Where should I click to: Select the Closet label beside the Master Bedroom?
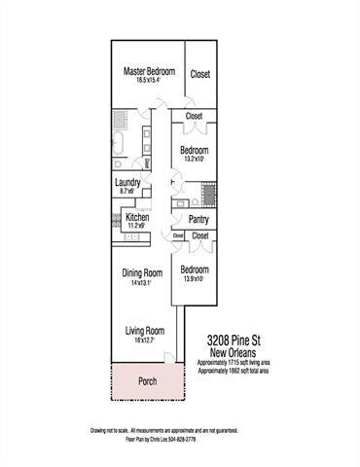[x=200, y=74]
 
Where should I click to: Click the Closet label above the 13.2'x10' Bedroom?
[x=194, y=117]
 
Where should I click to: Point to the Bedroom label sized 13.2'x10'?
[x=196, y=150]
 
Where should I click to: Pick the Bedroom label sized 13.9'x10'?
[x=194, y=269]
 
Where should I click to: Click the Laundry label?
[x=127, y=183]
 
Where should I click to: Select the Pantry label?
[x=199, y=220]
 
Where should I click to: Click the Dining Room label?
[x=141, y=274]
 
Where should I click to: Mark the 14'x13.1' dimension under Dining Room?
[x=141, y=284]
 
